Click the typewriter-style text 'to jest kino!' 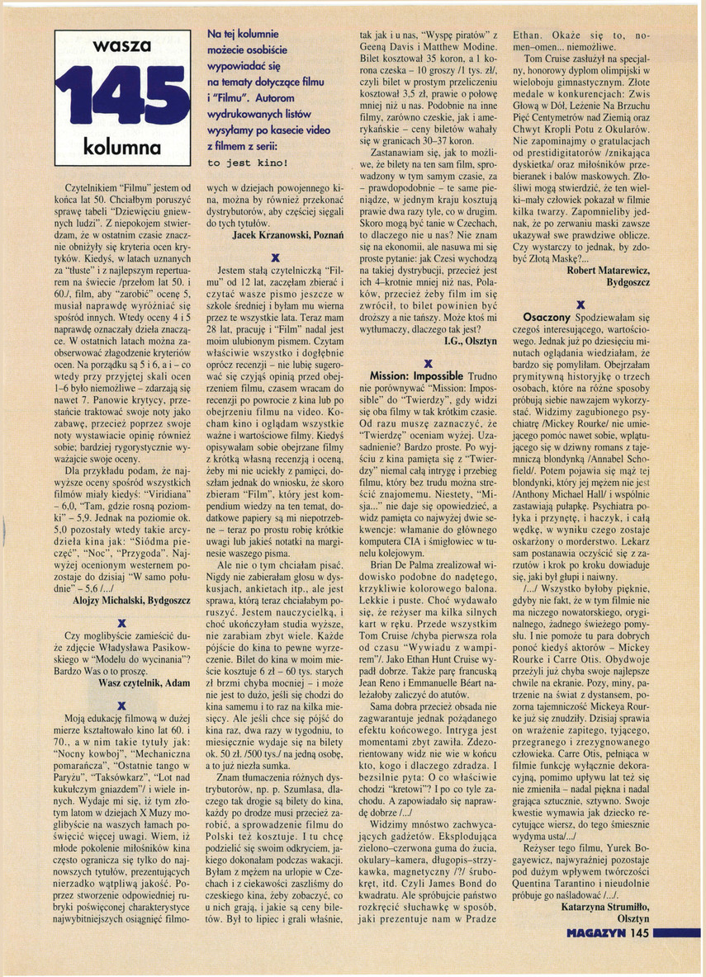[x=246, y=163]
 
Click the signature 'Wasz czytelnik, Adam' [x=140, y=684]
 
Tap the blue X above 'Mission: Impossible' [x=427, y=362]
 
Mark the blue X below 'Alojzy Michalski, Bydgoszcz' [x=121, y=622]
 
